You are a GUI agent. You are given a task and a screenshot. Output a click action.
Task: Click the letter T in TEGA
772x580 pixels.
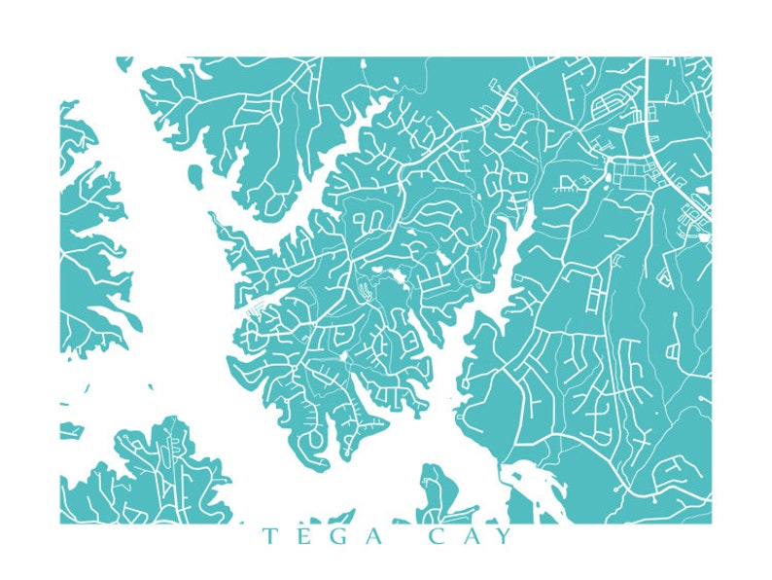click(x=267, y=537)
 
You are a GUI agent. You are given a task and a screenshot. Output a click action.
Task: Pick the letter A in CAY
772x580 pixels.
click(x=469, y=537)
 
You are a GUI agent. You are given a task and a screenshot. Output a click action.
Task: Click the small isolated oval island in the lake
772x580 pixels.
click(x=195, y=176)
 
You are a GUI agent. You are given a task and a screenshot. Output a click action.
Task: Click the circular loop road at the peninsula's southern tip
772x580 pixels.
click(x=317, y=439)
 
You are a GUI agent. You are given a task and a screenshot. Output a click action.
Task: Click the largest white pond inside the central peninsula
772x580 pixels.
click(x=397, y=283)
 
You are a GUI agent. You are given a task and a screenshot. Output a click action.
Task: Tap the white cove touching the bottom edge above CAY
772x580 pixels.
click(x=519, y=491)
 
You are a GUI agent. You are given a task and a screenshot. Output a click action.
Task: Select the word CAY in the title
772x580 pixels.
click(x=469, y=537)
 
